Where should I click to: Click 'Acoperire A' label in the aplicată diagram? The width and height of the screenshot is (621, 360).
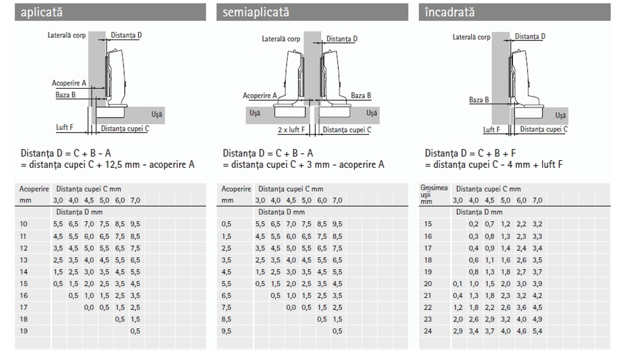pyautogui.click(x=69, y=83)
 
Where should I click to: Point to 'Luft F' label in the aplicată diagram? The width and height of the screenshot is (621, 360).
pyautogui.click(x=64, y=127)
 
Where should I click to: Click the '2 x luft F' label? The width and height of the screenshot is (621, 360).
pyautogui.click(x=292, y=130)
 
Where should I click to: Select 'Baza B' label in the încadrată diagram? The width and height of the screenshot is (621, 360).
pyautogui.click(x=479, y=100)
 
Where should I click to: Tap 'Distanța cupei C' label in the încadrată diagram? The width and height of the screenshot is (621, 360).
pyautogui.click(x=544, y=129)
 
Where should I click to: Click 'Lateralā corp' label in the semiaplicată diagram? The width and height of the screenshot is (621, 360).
pyautogui.click(x=281, y=39)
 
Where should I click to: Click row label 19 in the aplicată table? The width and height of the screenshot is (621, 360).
pyautogui.click(x=23, y=331)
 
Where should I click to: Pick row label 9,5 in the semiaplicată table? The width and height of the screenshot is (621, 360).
pyautogui.click(x=226, y=331)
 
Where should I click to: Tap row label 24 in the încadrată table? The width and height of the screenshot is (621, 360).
pyautogui.click(x=428, y=331)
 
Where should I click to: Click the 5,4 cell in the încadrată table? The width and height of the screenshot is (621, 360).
pyautogui.click(x=537, y=331)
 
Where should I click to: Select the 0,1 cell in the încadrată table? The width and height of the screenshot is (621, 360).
pyautogui.click(x=458, y=284)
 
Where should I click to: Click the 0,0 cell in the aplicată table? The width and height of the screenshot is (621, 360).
pyautogui.click(x=89, y=307)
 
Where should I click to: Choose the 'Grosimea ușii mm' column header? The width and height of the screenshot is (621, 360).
pyautogui.click(x=434, y=194)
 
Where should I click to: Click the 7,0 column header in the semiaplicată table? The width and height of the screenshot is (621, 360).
pyautogui.click(x=337, y=200)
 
